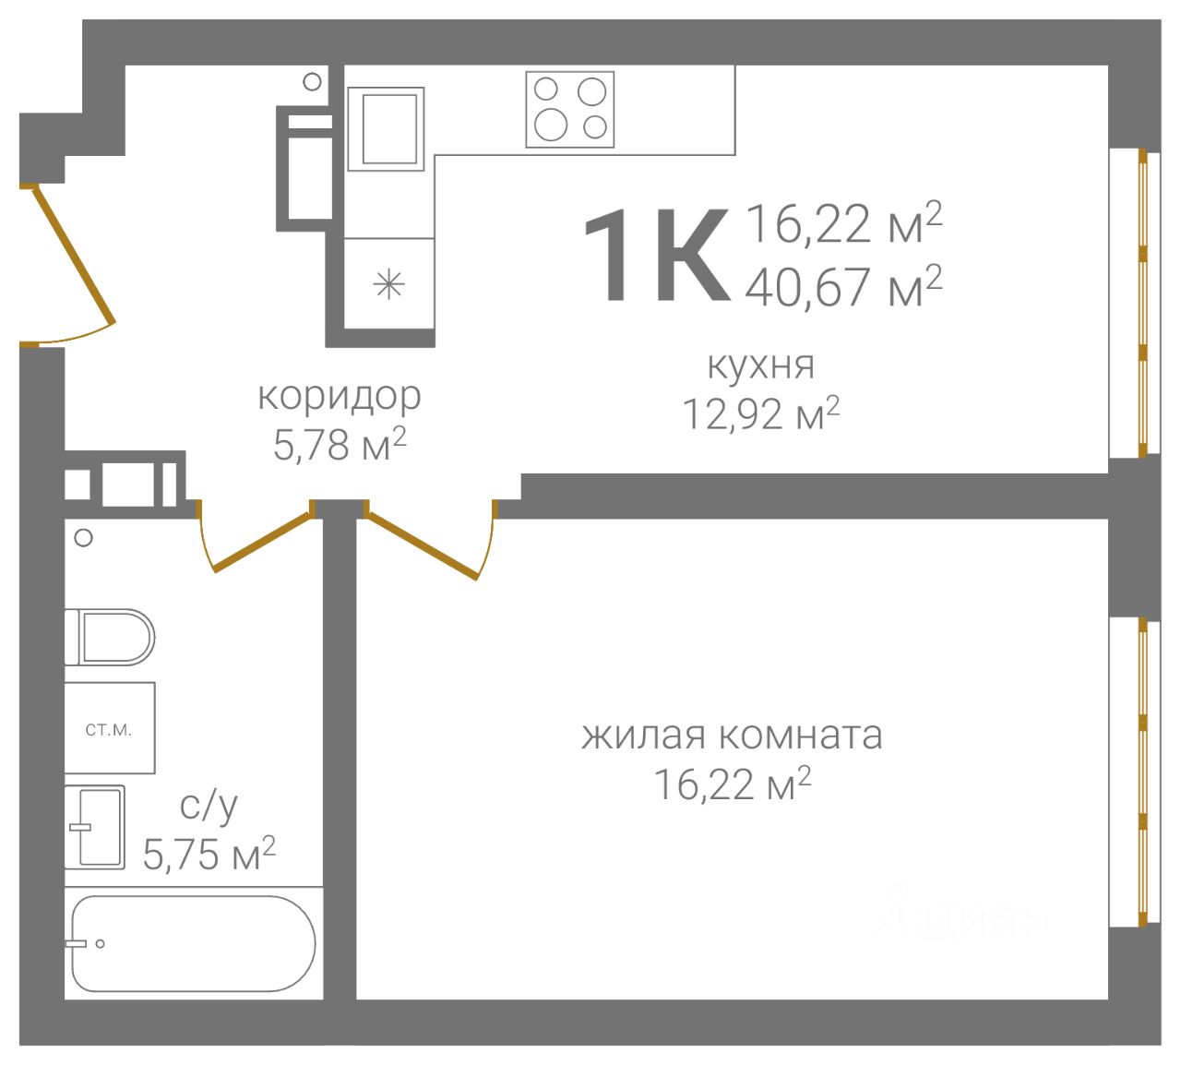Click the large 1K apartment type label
click(656, 255)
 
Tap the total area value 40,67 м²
click(843, 286)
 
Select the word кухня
click(760, 365)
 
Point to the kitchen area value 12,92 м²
click(760, 413)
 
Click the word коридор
click(340, 397)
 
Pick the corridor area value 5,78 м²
click(340, 444)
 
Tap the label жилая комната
click(732, 736)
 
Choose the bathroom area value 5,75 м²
click(209, 854)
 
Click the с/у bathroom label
click(209, 807)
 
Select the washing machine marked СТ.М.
click(110, 727)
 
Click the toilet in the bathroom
click(110, 637)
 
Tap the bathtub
click(193, 944)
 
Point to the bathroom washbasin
click(95, 826)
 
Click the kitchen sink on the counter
click(387, 129)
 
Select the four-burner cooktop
click(570, 110)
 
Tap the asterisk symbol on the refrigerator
click(389, 285)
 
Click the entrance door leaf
click(74, 257)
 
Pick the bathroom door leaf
click(263, 542)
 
